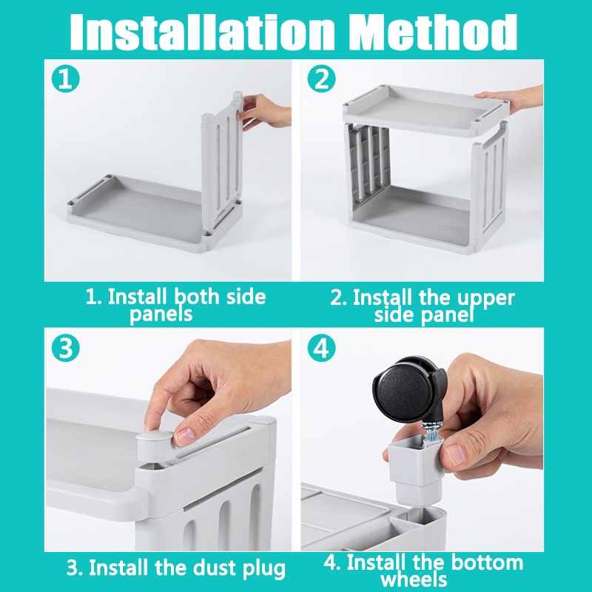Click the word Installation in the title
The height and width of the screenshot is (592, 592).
coord(202,32)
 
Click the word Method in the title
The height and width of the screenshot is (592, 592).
coord(432,32)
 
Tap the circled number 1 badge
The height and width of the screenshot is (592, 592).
coord(66,79)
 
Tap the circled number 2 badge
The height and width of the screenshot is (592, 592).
coord(321,79)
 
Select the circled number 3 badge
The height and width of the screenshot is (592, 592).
coord(66,348)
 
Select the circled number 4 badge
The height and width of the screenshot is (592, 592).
coord(321,348)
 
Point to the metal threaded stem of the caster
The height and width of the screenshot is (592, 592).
coord(431,432)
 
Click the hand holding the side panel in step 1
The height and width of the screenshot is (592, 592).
coord(263,110)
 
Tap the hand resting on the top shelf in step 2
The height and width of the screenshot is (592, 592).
coord(510,97)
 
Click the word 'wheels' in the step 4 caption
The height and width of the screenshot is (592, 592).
coord(414,579)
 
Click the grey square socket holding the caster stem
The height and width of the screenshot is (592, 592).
coord(415,468)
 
